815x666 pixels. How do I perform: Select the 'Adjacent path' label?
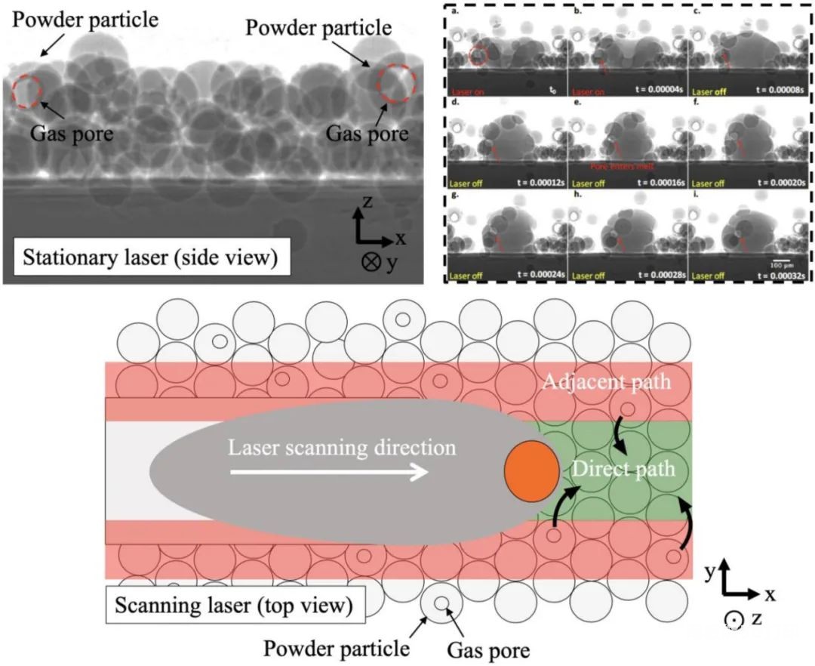[605, 381]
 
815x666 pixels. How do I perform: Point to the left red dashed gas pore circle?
[27, 91]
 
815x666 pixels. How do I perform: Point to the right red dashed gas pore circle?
[397, 85]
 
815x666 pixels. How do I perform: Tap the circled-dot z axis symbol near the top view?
[731, 621]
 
